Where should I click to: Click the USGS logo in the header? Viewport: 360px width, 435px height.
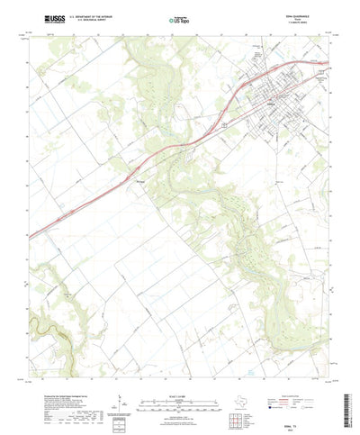(41, 17)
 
